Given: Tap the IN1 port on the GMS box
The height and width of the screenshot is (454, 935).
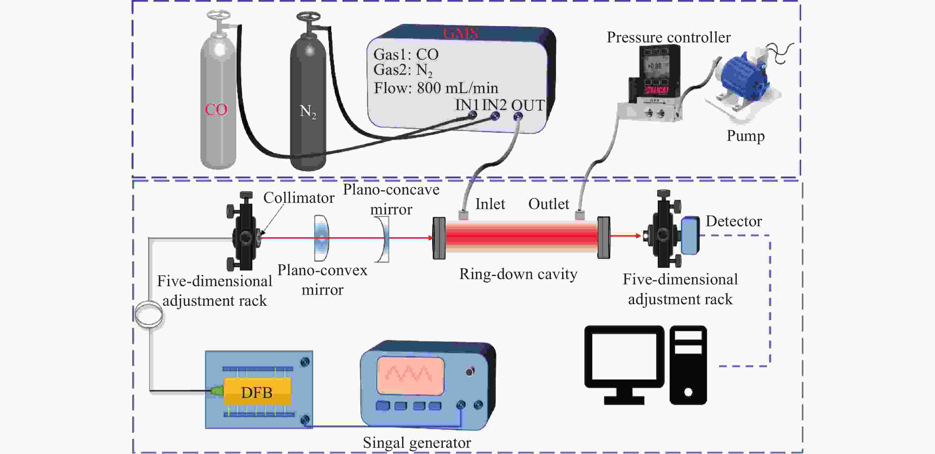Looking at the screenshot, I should coord(472,115).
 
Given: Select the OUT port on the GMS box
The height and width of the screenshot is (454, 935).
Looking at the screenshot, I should coord(518,117).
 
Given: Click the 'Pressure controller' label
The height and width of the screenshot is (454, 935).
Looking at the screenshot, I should coord(668,37).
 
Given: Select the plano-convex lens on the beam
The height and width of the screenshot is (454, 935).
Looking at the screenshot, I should coord(321,238).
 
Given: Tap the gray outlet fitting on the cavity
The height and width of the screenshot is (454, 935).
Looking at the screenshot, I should coord(580,215).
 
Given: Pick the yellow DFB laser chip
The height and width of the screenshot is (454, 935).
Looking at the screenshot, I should coord(257,392).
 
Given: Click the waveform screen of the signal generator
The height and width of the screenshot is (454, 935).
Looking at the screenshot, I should coord(411,375).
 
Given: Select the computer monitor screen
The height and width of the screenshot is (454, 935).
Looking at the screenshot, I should coord(624,357).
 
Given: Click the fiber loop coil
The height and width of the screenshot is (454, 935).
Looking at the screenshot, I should coord(149,314).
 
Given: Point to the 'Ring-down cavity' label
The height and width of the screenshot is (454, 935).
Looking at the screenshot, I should coord(518,274).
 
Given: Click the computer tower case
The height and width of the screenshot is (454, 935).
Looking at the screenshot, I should coord(688,364).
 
